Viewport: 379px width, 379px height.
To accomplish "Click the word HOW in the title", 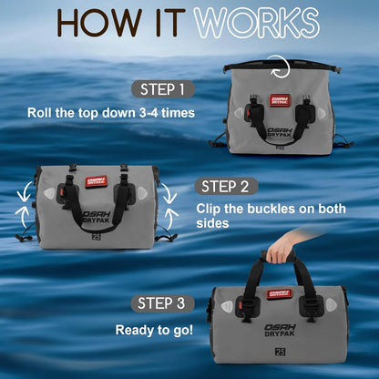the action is [99, 23].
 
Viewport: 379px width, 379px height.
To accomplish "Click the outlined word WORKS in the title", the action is [257, 23].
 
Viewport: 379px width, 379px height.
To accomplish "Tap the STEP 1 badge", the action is [163, 89].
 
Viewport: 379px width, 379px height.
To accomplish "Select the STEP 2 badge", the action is [225, 186].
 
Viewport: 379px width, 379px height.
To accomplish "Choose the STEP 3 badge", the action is [162, 303].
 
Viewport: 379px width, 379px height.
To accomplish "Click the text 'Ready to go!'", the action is [154, 330].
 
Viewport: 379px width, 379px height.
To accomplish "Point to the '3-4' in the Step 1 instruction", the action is [149, 113].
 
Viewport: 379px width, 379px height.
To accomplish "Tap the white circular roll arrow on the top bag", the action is [287, 67].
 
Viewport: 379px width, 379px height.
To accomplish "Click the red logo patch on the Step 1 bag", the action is [280, 100].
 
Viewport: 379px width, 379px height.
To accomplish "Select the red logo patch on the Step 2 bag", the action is [97, 181].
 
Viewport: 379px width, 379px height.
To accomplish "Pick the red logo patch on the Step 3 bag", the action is [280, 293].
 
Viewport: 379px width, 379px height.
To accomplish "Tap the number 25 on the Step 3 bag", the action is [280, 352].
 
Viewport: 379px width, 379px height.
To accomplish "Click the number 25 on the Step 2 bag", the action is [96, 237].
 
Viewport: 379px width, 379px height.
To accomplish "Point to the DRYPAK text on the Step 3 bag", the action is [280, 333].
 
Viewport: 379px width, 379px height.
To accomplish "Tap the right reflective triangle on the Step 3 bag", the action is [331, 306].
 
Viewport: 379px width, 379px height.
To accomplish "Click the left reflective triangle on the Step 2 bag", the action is [50, 193].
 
